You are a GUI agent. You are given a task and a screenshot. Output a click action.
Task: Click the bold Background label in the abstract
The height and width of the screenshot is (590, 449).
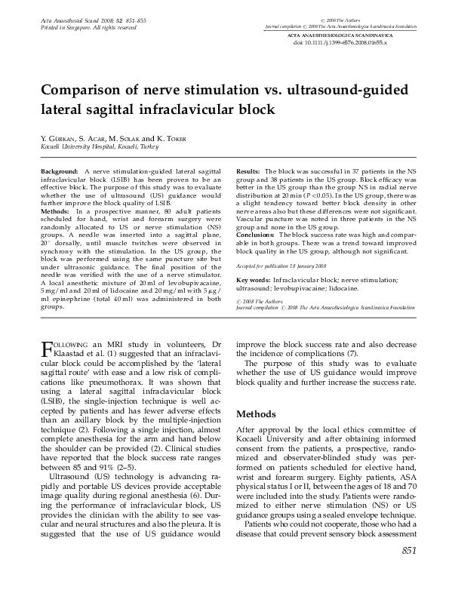[60, 173]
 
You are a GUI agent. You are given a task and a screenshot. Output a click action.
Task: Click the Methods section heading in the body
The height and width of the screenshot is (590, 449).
[259, 415]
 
